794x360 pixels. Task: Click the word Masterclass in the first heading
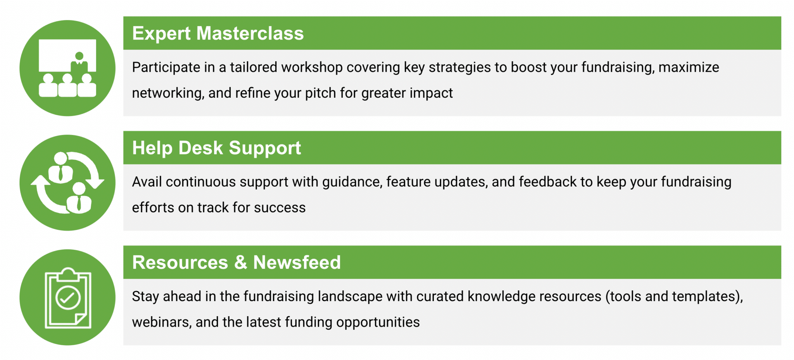250,33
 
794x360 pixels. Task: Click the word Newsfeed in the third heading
297,263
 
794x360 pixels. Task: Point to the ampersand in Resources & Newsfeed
241,263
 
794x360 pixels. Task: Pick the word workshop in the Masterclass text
312,67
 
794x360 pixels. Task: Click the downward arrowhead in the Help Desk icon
95,183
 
